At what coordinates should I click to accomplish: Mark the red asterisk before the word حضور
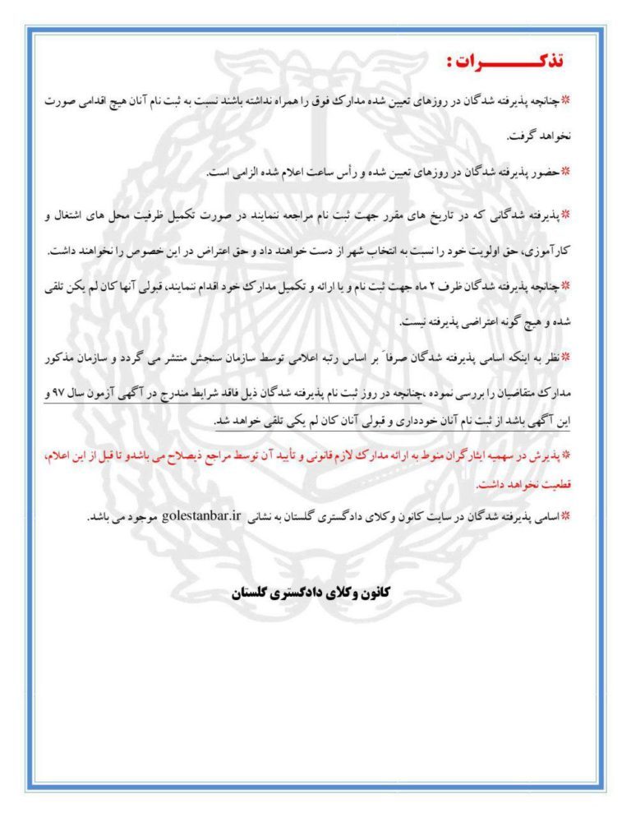point(576,173)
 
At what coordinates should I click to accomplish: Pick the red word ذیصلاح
point(177,454)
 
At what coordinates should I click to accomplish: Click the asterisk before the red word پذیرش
point(577,455)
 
